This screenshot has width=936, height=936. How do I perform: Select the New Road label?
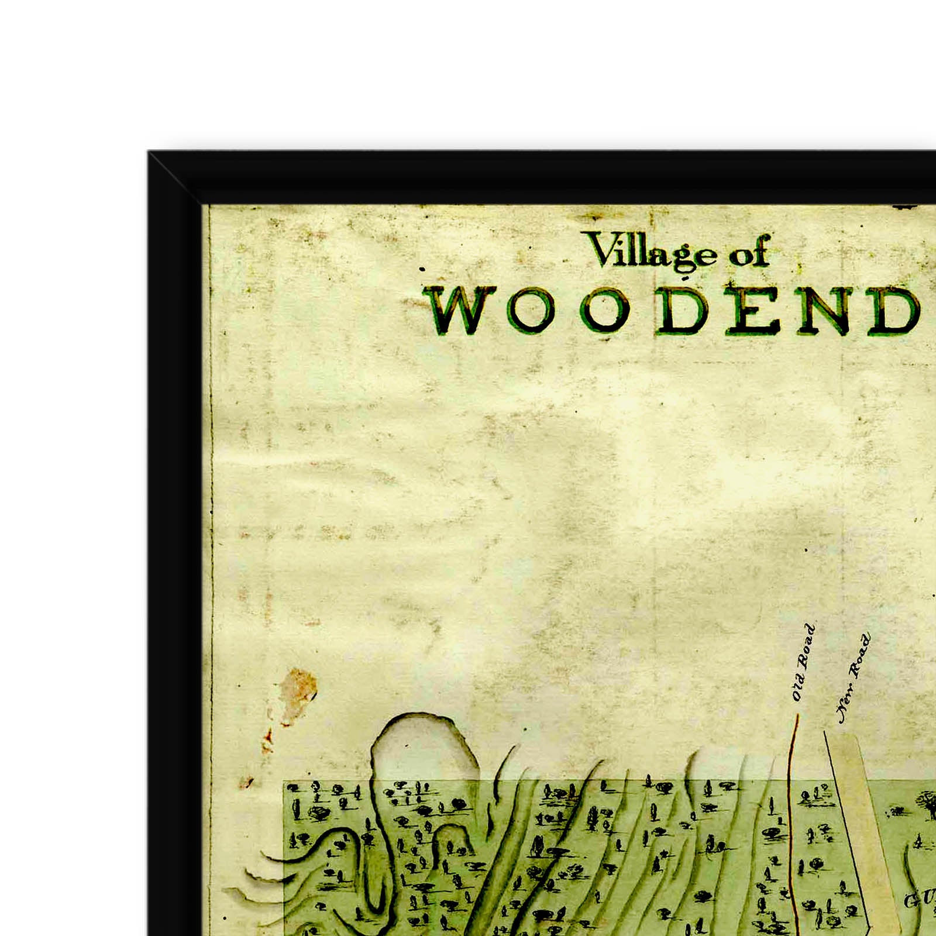pos(854,679)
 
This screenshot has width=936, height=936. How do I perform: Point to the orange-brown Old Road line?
pos(791,819)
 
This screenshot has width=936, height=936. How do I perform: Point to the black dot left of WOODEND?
pos(422,270)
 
